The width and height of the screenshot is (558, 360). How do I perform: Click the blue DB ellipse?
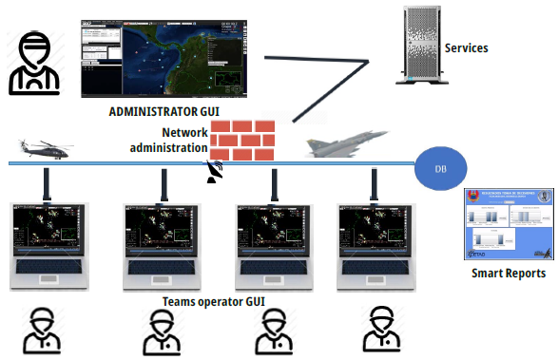(x=440, y=168)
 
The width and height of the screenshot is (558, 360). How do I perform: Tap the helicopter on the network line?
(x=45, y=148)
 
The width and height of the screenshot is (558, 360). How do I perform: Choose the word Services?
(x=466, y=47)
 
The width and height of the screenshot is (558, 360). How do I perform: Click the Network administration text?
(x=170, y=140)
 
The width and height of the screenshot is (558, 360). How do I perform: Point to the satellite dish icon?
(x=217, y=172)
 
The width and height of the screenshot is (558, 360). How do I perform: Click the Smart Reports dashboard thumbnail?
(x=506, y=224)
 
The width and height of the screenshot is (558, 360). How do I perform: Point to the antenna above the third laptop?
(x=274, y=186)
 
